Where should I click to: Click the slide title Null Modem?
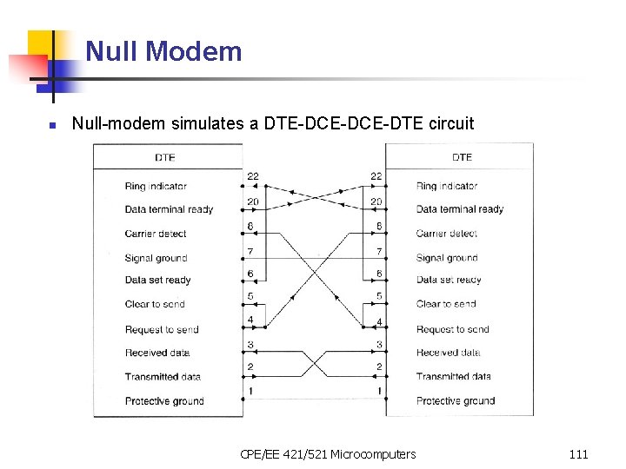163,51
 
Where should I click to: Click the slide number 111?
578,453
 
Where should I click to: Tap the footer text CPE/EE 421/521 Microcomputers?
328,453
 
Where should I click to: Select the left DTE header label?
165,157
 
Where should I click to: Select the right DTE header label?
462,157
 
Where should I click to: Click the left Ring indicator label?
156,186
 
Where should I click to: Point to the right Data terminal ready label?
459,208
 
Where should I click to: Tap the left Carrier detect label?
156,233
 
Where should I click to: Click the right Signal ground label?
447,257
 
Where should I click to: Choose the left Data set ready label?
157,280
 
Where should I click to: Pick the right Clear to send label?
446,304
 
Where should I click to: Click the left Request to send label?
162,329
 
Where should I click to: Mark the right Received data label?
448,353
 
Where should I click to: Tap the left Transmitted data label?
163,377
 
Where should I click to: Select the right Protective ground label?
456,400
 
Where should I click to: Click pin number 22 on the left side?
252,176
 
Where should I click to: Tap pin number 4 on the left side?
250,320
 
